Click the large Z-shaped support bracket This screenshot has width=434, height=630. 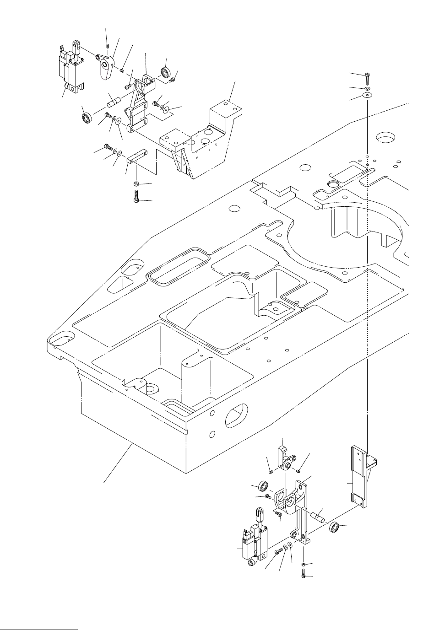point(201,142)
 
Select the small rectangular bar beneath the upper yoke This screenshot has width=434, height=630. point(137,158)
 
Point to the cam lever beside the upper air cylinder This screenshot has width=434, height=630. point(106,66)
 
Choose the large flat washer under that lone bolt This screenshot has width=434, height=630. point(367,95)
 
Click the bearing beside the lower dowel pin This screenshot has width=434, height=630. point(334,527)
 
